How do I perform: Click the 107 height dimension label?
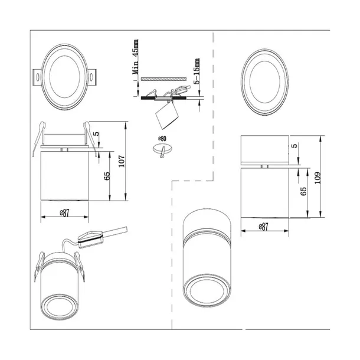pyautogui.click(x=122, y=161)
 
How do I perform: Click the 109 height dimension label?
pyautogui.click(x=318, y=178)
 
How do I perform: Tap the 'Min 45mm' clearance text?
pyautogui.click(x=136, y=57)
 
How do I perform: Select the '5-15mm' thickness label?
pyautogui.click(x=197, y=71)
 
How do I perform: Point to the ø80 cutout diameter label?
pyautogui.click(x=162, y=139)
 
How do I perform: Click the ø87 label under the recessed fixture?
pyautogui.click(x=64, y=213)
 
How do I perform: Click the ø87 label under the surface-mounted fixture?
pyautogui.click(x=264, y=227)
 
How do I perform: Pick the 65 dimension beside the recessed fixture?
pyautogui.click(x=107, y=176)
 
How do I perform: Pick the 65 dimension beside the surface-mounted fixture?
pyautogui.click(x=303, y=191)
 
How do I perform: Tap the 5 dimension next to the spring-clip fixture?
pyautogui.click(x=97, y=133)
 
